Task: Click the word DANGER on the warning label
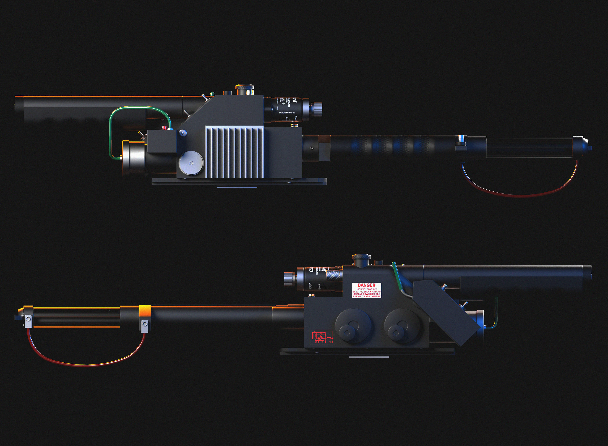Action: pyautogui.click(x=366, y=285)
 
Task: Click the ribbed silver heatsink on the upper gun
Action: pyautogui.click(x=234, y=152)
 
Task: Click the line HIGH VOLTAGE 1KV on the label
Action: pyautogui.click(x=366, y=289)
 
